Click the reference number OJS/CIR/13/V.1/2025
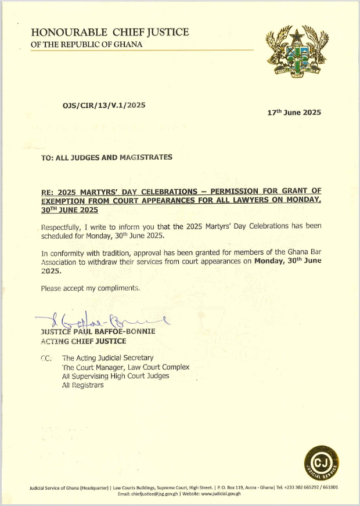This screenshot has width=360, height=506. click(x=103, y=106)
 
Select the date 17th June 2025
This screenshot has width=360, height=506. click(x=294, y=113)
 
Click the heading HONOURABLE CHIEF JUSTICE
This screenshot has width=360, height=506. click(x=110, y=32)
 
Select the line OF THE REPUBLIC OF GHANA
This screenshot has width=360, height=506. click(x=87, y=45)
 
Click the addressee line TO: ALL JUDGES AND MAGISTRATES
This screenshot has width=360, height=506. click(x=107, y=157)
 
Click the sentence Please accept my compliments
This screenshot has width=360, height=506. click(x=91, y=288)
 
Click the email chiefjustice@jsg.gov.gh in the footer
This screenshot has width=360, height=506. click(x=155, y=494)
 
